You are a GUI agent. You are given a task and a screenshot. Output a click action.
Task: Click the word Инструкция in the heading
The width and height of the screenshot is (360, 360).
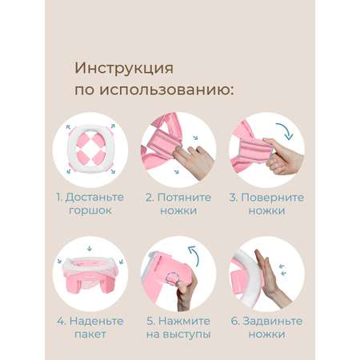tap(124, 69)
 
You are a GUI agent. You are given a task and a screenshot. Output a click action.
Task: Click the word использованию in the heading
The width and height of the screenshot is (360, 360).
tap(166, 90)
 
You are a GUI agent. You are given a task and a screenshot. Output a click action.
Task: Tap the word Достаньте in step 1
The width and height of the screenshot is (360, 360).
tap(94, 198)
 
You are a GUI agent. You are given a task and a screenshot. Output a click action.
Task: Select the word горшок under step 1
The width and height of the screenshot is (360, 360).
tap(90, 210)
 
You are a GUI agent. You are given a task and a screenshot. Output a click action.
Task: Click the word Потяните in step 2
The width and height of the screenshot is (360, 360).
tap(184, 198)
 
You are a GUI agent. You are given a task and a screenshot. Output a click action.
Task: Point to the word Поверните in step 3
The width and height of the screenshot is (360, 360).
tap(272, 198)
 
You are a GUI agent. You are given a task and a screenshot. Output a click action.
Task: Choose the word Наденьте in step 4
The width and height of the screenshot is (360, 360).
tap(97, 322)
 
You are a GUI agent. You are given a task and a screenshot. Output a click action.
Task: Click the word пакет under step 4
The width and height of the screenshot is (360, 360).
tap(90, 334)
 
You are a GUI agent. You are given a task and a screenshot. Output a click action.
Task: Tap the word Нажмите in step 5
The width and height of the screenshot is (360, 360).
tap(184, 321)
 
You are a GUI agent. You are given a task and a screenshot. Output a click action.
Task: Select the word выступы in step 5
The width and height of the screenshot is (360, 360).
tap(186, 334)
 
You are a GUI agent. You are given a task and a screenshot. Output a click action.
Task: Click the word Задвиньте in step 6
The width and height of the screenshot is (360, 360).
tap(273, 322)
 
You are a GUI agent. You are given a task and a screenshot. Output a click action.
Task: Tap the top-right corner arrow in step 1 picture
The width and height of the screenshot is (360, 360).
tap(113, 126)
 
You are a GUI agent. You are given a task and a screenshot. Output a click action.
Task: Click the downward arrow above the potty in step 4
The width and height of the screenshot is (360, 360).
tap(90, 249)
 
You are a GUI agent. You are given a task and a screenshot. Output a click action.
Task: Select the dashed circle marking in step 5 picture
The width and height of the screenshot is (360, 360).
tap(172, 278)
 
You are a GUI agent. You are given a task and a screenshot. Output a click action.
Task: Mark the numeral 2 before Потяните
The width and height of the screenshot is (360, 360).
tap(149, 198)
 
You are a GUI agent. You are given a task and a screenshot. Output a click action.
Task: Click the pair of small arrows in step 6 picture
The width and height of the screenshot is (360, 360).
tap(282, 270)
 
